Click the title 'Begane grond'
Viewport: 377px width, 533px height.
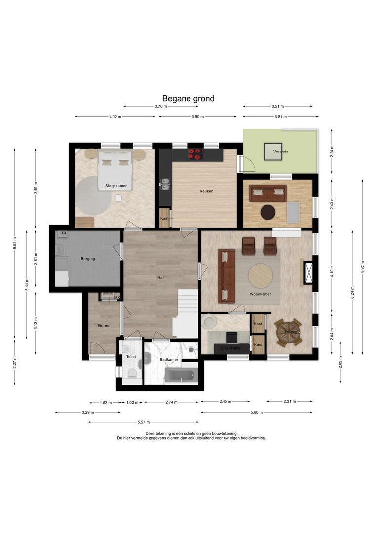(x=188, y=99)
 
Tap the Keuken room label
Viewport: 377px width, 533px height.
(x=207, y=191)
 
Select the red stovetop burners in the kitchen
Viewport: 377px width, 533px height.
(x=195, y=154)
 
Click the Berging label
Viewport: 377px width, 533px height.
(x=88, y=259)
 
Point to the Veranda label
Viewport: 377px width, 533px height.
(x=281, y=152)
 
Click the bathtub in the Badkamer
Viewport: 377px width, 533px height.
(x=181, y=375)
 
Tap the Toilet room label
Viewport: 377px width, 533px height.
(x=131, y=357)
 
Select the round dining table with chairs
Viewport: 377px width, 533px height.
(x=288, y=333)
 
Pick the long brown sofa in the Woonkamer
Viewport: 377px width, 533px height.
(x=226, y=276)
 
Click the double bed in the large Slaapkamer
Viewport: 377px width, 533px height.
(x=115, y=170)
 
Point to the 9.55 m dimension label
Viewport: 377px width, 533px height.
(x=15, y=243)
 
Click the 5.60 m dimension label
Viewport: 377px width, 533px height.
(x=257, y=412)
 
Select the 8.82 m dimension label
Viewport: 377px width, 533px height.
(x=362, y=267)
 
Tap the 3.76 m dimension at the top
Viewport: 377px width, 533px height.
(x=161, y=107)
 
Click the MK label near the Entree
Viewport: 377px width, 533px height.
(x=117, y=298)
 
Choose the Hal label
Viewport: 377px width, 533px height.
(x=161, y=278)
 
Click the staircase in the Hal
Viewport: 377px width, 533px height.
(x=185, y=313)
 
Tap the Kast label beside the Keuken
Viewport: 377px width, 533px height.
(x=164, y=218)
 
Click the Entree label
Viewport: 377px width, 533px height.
(x=103, y=326)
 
